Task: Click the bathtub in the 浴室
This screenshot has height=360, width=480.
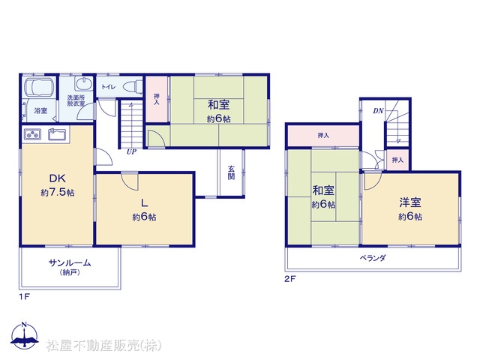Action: coord(39,88)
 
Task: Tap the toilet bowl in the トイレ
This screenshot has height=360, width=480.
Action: coord(133,86)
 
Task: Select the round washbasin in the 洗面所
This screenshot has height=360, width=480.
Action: coord(83,84)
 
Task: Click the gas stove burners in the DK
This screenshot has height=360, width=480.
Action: coord(32,134)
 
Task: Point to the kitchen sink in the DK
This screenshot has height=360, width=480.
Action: coord(57,134)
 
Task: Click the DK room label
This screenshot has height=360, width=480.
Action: coord(58,178)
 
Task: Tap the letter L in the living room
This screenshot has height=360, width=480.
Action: coord(144,202)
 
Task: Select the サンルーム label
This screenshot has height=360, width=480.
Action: coord(70,262)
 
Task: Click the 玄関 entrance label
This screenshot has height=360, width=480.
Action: coord(231,172)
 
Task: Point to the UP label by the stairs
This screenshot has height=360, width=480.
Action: coord(131,151)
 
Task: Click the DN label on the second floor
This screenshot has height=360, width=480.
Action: coord(378,111)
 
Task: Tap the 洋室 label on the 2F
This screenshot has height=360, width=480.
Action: coord(410,202)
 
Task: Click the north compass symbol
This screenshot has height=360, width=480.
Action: coord(25,335)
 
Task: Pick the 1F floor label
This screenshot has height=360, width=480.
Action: coord(24,296)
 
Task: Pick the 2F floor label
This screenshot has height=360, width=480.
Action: coord(290,279)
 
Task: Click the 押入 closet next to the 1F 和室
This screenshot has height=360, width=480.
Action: coord(157,99)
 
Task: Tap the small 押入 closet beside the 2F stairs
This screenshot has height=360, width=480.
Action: coord(397,160)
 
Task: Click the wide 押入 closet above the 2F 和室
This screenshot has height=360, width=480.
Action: coord(323,136)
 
